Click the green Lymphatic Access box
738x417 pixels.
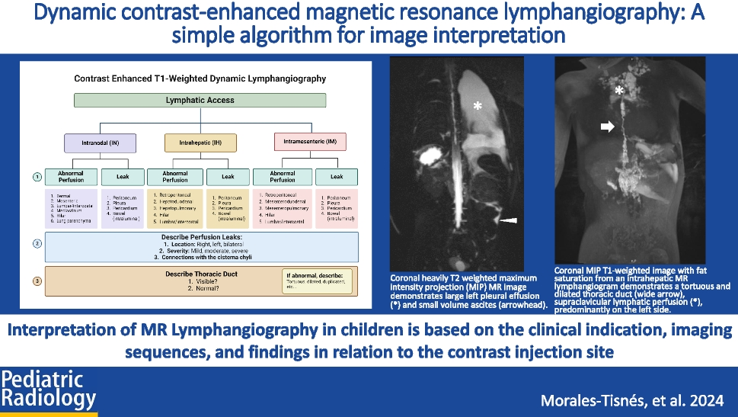point(200,100)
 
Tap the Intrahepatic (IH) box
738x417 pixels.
point(200,143)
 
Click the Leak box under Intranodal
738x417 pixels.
point(121,176)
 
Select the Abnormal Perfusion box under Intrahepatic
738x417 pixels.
point(174,176)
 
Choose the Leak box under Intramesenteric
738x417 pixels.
point(336,176)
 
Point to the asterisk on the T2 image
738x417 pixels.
point(478,107)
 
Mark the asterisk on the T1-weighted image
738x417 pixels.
point(620,91)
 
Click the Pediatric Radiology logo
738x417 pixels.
point(49,390)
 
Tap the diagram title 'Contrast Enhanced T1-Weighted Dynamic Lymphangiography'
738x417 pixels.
point(200,78)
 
